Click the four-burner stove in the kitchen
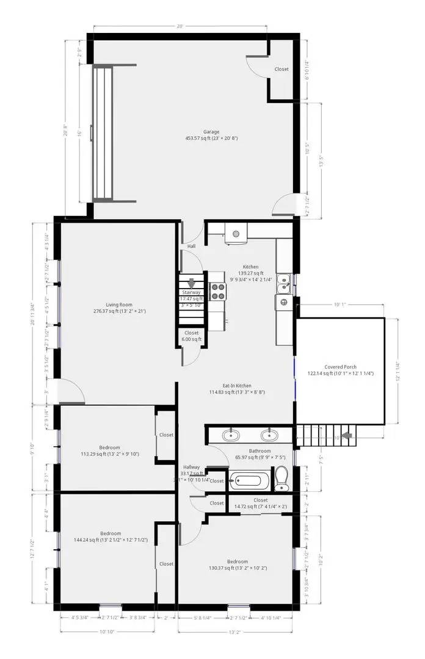(217, 291)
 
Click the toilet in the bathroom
(281, 478)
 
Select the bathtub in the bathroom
(247, 480)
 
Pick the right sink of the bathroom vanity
(269, 435)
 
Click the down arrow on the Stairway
(192, 283)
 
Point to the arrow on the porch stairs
(345, 436)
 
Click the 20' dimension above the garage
(180, 27)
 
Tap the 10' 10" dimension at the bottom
(107, 632)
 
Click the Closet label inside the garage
(282, 70)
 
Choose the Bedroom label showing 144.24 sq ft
(111, 537)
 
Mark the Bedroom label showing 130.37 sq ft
(237, 564)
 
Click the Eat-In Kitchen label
(237, 389)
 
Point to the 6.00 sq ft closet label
(191, 336)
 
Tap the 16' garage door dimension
(79, 133)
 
